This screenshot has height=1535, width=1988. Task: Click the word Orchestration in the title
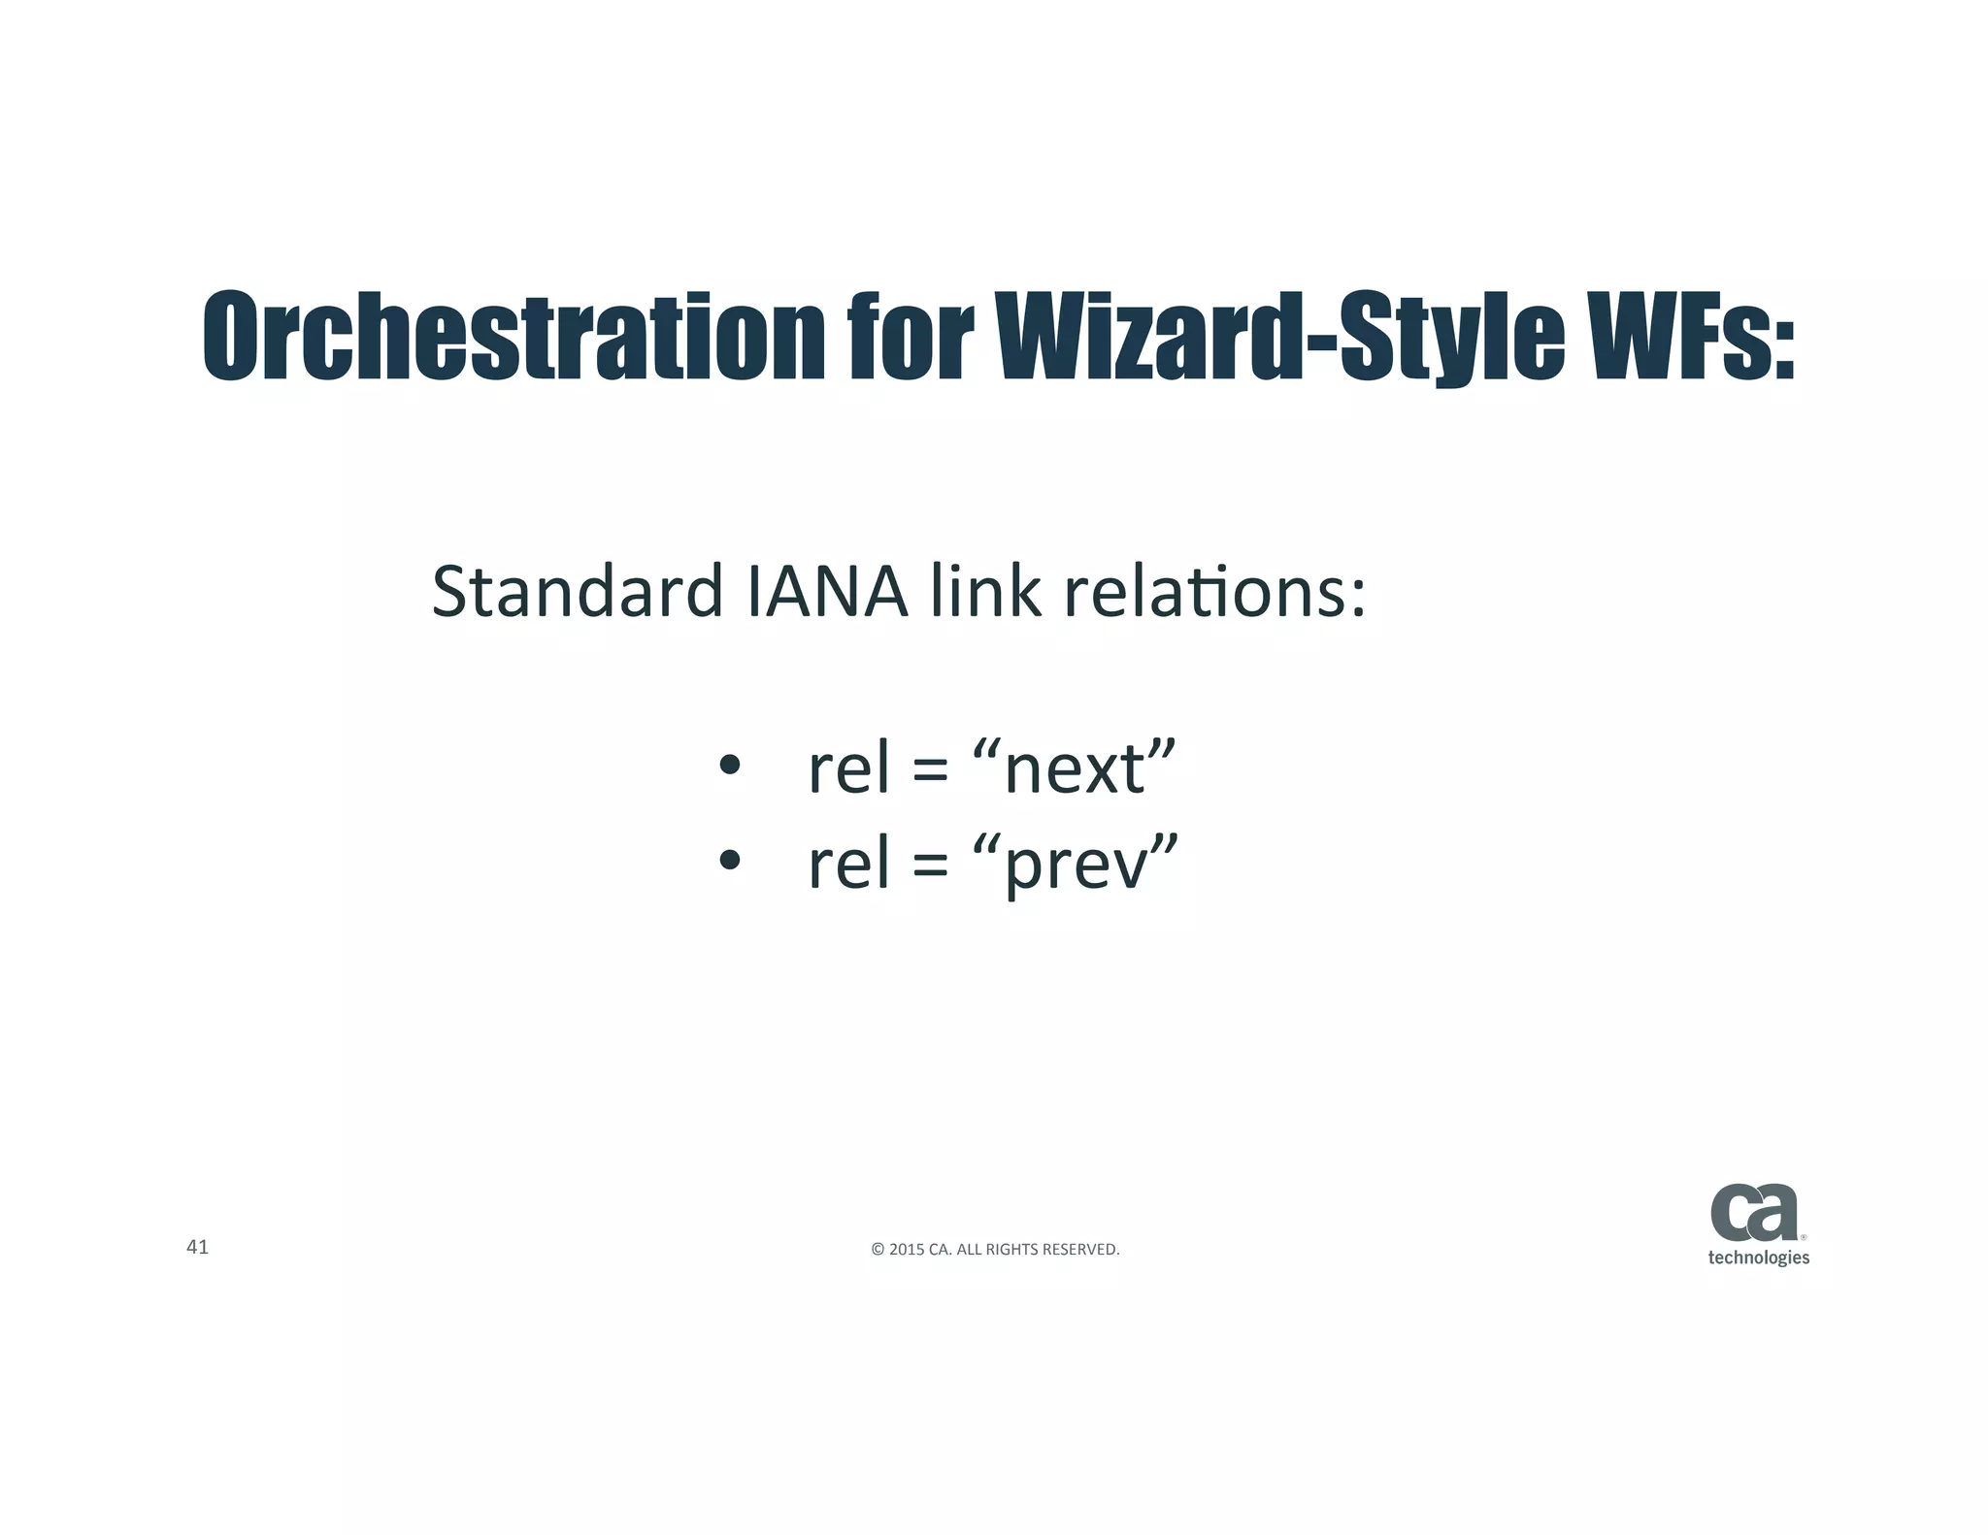coord(514,336)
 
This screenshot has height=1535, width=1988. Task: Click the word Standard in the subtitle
coord(577,592)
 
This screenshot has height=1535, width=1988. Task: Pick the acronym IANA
coord(827,592)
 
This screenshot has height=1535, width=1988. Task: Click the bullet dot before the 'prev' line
coord(730,860)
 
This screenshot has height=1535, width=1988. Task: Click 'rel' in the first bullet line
coord(848,768)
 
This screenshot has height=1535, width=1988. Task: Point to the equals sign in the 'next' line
coord(930,772)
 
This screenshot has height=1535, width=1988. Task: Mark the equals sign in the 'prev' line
coord(930,865)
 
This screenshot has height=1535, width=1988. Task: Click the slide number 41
coord(197,1248)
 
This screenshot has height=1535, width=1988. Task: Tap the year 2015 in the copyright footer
coord(907,1250)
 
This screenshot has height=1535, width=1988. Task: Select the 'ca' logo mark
coord(1754,1213)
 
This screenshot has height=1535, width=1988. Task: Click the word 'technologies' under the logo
coord(1758,1257)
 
